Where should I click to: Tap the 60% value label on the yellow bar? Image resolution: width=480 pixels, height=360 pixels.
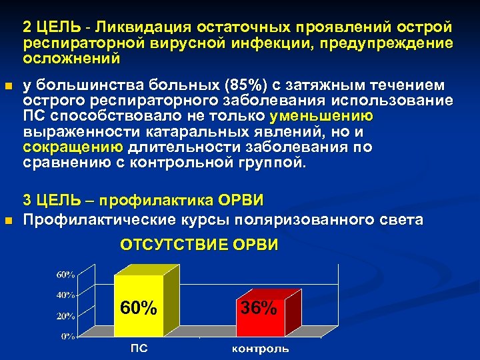tap(139, 308)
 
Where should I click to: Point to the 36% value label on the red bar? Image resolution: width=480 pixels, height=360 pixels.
tap(259, 308)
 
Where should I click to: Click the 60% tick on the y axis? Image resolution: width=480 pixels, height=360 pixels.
tap(65, 275)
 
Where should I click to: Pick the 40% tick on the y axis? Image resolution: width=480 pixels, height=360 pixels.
tap(65, 295)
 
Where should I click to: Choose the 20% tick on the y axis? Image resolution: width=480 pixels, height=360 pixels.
tap(65, 315)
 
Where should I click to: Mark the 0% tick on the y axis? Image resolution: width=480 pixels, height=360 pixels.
tap(68, 336)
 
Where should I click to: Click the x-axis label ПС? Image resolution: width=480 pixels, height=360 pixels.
tap(139, 349)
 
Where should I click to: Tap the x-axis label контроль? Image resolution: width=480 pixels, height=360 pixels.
tap(260, 349)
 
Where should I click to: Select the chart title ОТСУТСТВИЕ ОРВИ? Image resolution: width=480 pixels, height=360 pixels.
tap(199, 245)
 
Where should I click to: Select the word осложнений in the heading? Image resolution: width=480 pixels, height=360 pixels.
tap(71, 58)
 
